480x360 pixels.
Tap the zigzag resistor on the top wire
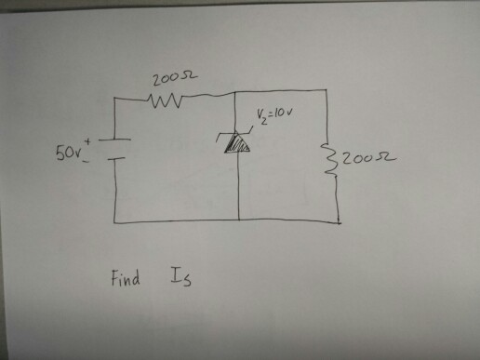[x=168, y=95]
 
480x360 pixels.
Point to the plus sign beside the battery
[x=91, y=136]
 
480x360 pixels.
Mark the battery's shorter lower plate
[x=113, y=158]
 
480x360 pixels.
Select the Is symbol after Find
[x=180, y=276]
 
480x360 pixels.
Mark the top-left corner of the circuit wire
[x=114, y=97]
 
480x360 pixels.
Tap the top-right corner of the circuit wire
[x=328, y=90]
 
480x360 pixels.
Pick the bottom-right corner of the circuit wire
[x=338, y=223]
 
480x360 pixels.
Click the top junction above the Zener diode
[x=238, y=91]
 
